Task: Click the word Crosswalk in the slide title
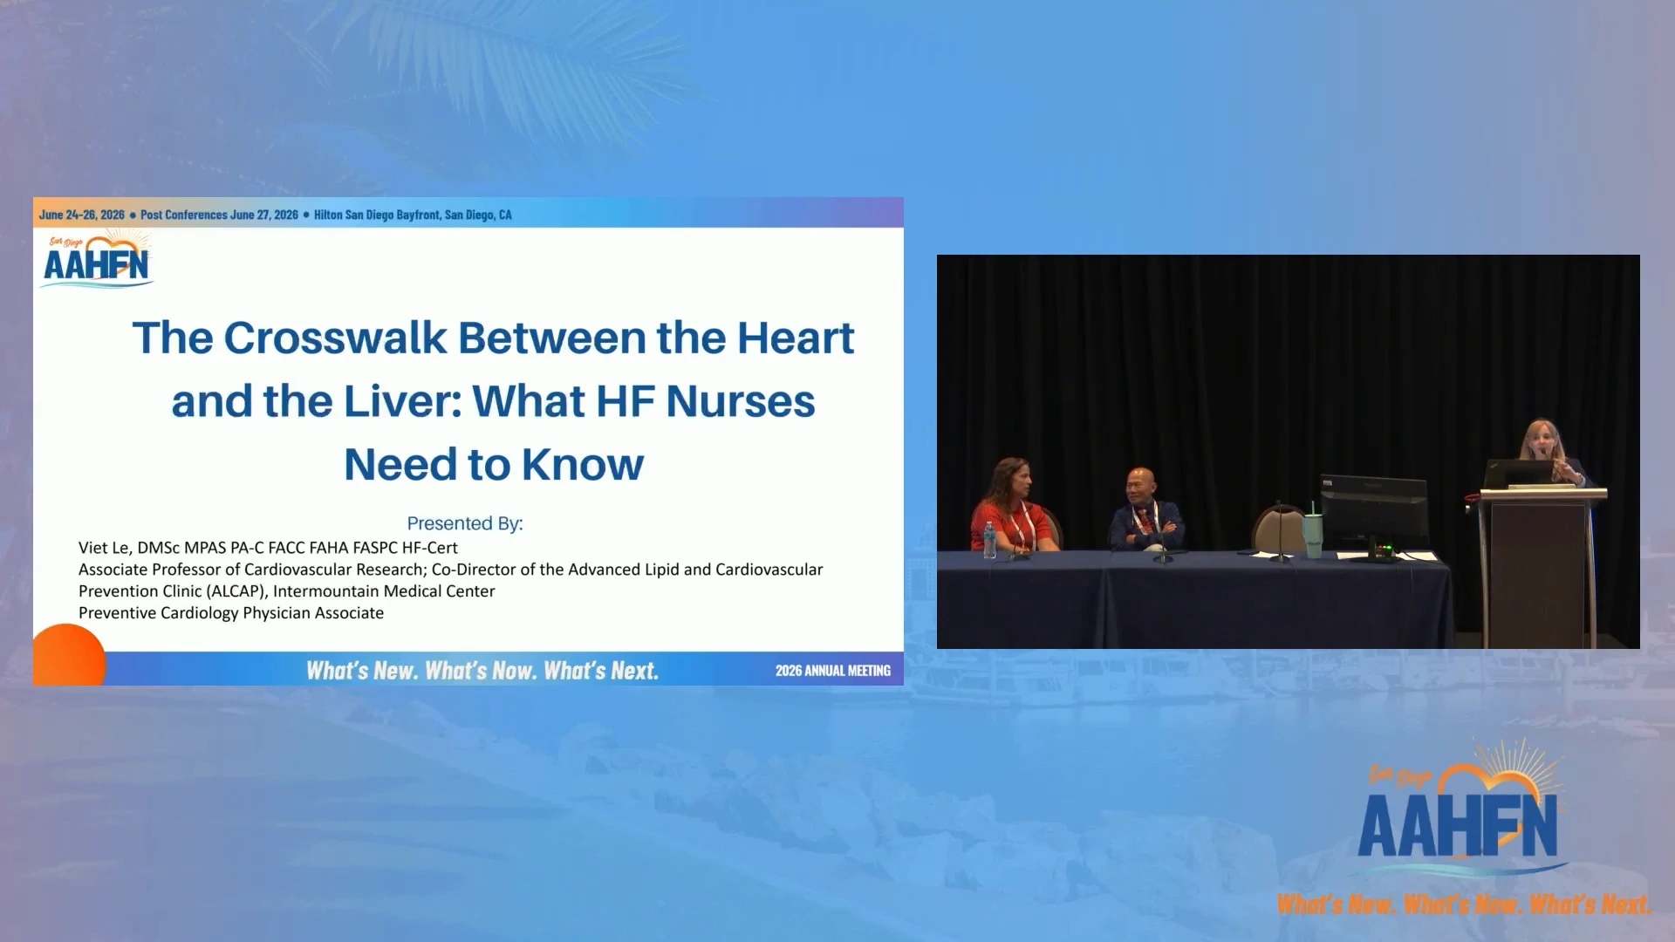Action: click(x=335, y=338)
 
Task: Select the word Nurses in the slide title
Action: click(x=741, y=402)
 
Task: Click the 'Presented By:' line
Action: click(x=465, y=523)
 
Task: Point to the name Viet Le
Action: click(x=103, y=548)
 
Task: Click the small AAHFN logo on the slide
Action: click(x=97, y=259)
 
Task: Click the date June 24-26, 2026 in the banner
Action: click(x=82, y=215)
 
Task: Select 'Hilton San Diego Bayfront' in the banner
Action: click(x=377, y=215)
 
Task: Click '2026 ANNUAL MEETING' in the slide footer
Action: click(x=833, y=671)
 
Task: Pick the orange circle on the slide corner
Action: click(x=69, y=655)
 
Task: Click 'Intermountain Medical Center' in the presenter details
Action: click(x=384, y=591)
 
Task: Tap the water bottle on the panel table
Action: click(x=989, y=540)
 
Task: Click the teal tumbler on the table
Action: click(x=1313, y=535)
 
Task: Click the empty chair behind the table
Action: click(x=1278, y=529)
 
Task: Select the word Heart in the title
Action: click(x=796, y=338)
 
